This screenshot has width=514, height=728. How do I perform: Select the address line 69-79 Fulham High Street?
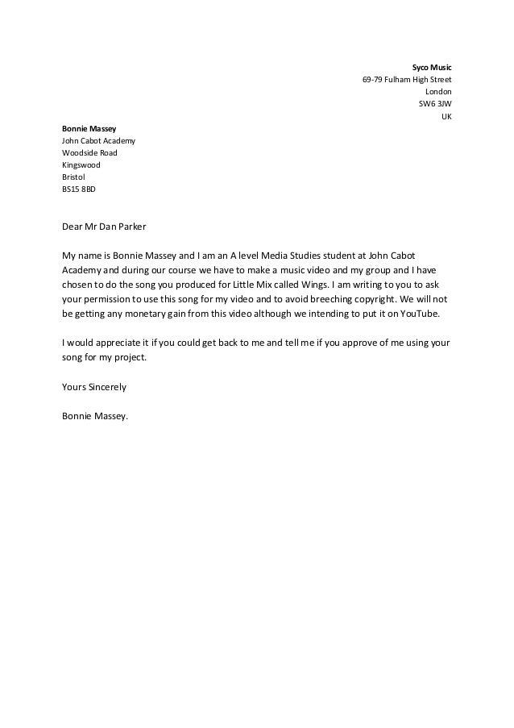pyautogui.click(x=407, y=80)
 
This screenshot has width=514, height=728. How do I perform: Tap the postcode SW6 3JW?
pyautogui.click(x=435, y=104)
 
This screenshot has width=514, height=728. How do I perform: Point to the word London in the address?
pyautogui.click(x=438, y=92)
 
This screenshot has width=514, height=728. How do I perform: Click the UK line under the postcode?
pyautogui.click(x=446, y=116)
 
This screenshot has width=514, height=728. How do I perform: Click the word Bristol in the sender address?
pyautogui.click(x=74, y=177)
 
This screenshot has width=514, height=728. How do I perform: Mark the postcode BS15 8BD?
pyautogui.click(x=79, y=189)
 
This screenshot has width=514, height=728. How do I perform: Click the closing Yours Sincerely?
pyautogui.click(x=94, y=387)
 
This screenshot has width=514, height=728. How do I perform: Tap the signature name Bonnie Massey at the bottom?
pyautogui.click(x=95, y=416)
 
